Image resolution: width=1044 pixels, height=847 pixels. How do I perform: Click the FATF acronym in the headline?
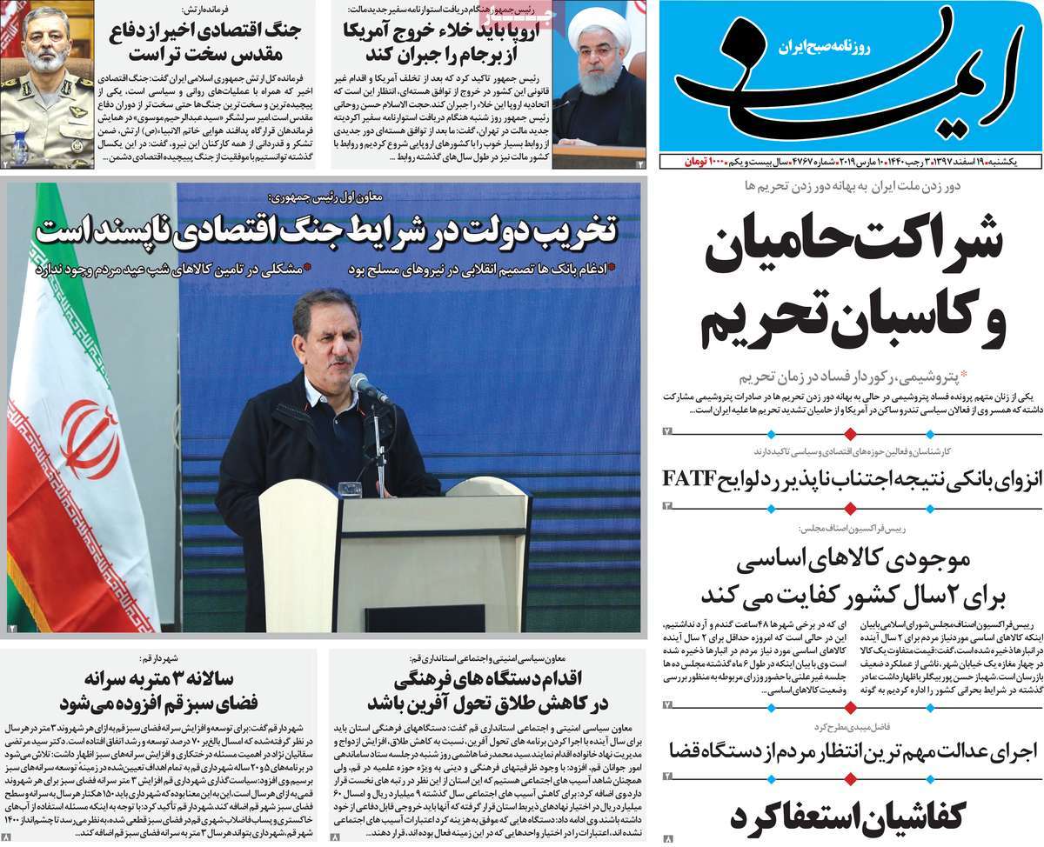point(690,478)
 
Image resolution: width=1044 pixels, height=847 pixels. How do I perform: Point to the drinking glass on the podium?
point(350,490)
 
